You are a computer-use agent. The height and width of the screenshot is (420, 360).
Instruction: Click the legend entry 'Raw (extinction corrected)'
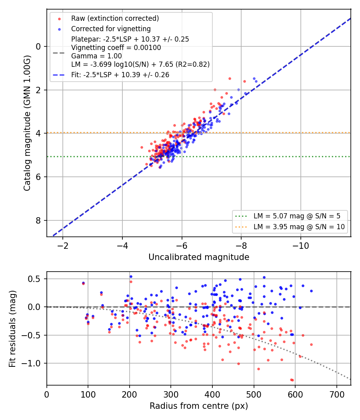[x=115, y=18]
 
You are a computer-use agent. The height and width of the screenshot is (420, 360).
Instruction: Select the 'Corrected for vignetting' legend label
[x=111, y=29]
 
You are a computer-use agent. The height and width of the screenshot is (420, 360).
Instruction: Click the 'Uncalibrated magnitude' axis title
[x=199, y=257]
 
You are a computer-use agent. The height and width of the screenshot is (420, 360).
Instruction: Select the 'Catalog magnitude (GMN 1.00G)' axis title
[x=27, y=123]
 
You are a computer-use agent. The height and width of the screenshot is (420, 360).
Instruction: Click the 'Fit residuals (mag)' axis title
[x=12, y=329]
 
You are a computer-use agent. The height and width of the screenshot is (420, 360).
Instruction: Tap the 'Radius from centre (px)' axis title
[x=199, y=406]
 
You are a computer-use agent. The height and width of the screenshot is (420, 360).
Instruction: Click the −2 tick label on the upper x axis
[x=63, y=246]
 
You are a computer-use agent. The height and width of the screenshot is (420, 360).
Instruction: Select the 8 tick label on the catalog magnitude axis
[x=38, y=220]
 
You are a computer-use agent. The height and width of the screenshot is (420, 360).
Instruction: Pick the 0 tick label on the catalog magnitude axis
[x=38, y=47]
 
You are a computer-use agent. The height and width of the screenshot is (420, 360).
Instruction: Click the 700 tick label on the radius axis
[x=337, y=394]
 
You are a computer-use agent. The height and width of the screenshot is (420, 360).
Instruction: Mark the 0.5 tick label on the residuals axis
[x=34, y=279]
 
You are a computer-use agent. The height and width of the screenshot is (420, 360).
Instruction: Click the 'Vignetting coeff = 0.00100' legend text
[x=116, y=48]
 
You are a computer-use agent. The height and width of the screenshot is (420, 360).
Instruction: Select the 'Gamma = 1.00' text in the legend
[x=96, y=56]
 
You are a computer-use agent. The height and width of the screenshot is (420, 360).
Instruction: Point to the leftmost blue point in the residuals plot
[x=83, y=283]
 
